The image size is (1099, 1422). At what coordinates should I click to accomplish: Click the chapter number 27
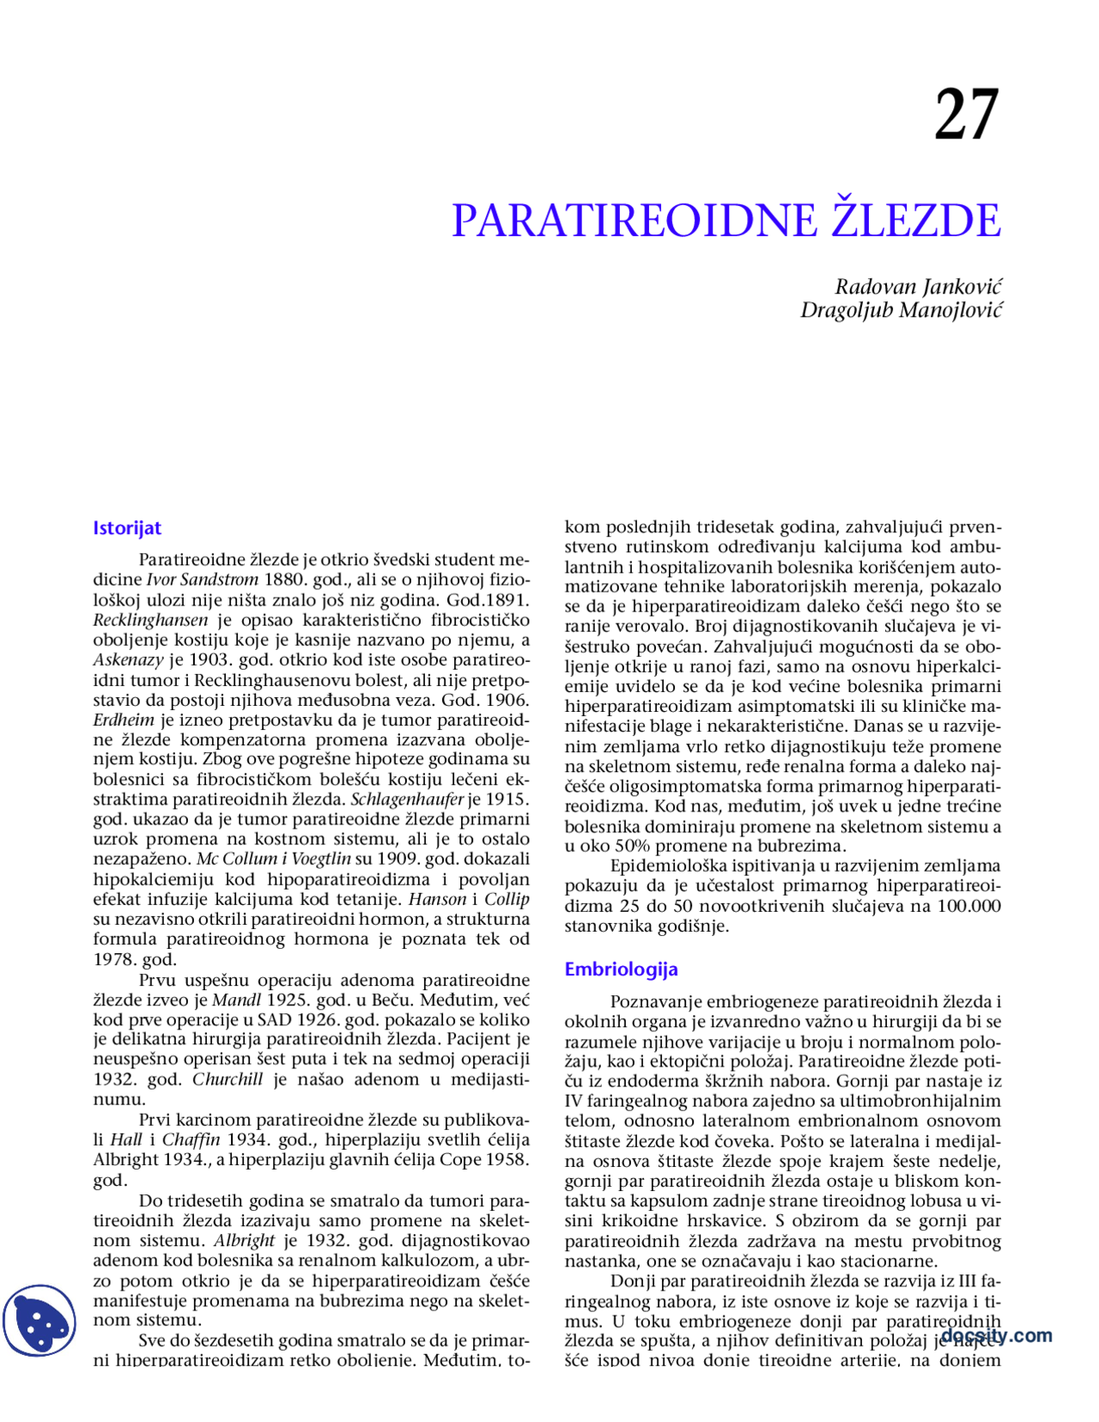967,116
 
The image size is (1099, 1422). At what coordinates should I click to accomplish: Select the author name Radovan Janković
918,287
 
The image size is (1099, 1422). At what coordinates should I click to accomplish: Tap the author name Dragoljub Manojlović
901,309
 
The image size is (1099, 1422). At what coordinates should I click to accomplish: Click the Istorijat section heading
127,528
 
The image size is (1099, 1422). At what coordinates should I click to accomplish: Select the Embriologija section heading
621,969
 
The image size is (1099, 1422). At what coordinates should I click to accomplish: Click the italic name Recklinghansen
150,620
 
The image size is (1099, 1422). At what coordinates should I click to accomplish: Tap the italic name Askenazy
128,660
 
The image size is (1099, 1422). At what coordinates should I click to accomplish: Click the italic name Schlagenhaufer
407,799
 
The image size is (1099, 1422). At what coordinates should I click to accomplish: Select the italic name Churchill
228,1079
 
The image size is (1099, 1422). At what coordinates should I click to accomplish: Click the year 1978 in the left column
113,959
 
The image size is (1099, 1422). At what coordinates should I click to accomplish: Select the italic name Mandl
236,1000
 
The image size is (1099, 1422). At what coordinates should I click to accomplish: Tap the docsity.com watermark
996,1335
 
